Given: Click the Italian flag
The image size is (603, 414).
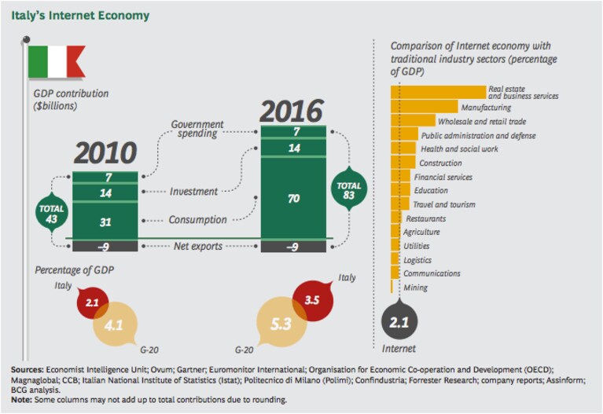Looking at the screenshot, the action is tap(56, 62).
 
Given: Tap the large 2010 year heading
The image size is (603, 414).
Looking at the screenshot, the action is tap(105, 153).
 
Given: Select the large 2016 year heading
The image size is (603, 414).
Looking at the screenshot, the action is tap(292, 111).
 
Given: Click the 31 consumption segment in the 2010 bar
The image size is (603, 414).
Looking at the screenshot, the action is tap(105, 221).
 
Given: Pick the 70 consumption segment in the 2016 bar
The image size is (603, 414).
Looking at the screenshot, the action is tap(293, 198).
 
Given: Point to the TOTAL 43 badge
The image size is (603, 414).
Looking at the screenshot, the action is tap(52, 214).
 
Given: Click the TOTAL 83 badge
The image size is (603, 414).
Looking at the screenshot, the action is tap(349, 189).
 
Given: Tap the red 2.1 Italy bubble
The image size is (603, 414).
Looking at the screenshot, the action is tap(92, 302).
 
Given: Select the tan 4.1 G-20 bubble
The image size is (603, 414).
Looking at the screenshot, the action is tap(115, 324).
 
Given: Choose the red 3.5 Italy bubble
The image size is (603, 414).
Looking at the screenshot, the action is tap(313, 300).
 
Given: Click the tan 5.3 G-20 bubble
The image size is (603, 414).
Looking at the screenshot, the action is tap(281, 323).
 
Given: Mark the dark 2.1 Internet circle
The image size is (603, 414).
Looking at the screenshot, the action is tap(399, 321).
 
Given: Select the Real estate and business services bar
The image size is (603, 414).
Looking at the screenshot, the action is tap(439, 93).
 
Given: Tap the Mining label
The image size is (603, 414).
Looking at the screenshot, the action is tap(415, 288).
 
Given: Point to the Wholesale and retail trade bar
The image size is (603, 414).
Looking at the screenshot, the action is tap(413, 121).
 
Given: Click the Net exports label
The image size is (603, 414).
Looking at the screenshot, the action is tap(198, 246).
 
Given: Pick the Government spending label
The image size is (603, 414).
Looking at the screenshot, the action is tap(197, 129).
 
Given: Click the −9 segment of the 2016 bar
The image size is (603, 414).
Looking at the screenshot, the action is tap(293, 247).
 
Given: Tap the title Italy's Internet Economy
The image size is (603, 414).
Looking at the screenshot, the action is tap(80, 16).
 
